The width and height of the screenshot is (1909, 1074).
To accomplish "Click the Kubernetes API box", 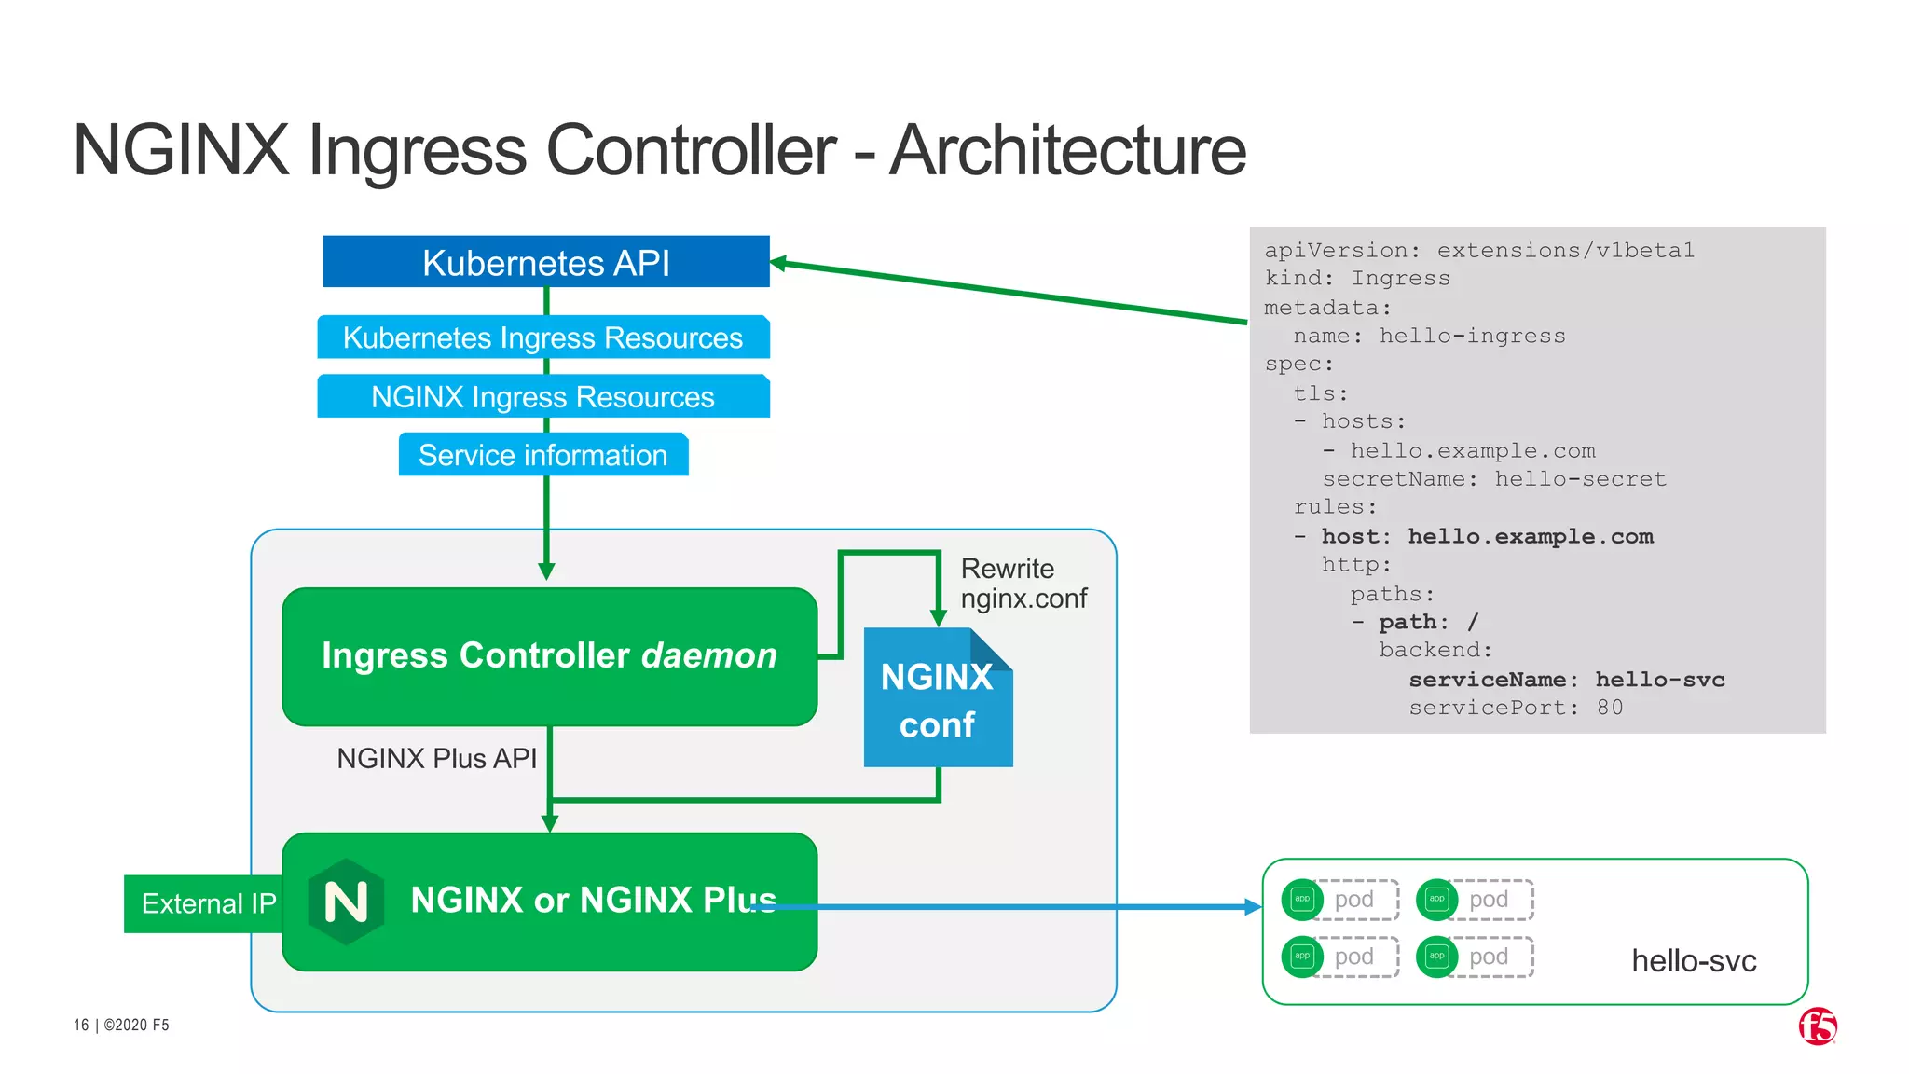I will [x=545, y=262].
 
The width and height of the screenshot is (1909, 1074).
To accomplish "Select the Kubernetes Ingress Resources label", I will [x=542, y=337].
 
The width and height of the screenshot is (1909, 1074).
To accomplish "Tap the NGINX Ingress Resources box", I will [x=542, y=397].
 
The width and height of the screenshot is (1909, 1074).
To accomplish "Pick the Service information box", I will [x=542, y=455].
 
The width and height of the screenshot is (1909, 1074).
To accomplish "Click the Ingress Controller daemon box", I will [x=549, y=655].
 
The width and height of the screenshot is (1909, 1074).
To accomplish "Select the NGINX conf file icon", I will [x=937, y=699].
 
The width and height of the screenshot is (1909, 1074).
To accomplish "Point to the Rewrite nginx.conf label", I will [x=1023, y=584].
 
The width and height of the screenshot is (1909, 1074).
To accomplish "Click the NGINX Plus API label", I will [x=436, y=759].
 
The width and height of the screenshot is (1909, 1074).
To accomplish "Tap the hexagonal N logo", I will [x=346, y=902].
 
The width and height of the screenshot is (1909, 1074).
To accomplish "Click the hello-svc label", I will [x=1693, y=961].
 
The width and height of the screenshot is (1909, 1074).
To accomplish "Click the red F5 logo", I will [x=1817, y=1026].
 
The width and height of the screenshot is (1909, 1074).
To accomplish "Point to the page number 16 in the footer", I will [x=81, y=1026].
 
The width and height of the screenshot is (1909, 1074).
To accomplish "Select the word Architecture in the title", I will [x=1067, y=151].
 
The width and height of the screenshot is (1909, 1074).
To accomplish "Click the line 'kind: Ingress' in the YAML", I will [x=1356, y=279].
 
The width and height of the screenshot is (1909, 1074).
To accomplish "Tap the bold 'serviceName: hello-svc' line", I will [x=1566, y=680].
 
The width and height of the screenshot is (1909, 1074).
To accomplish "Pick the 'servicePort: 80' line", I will [x=1515, y=708].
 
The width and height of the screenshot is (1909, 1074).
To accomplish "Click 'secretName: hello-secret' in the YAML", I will [x=1493, y=479].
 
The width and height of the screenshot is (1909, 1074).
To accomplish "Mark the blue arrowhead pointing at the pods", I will [x=1253, y=907].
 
